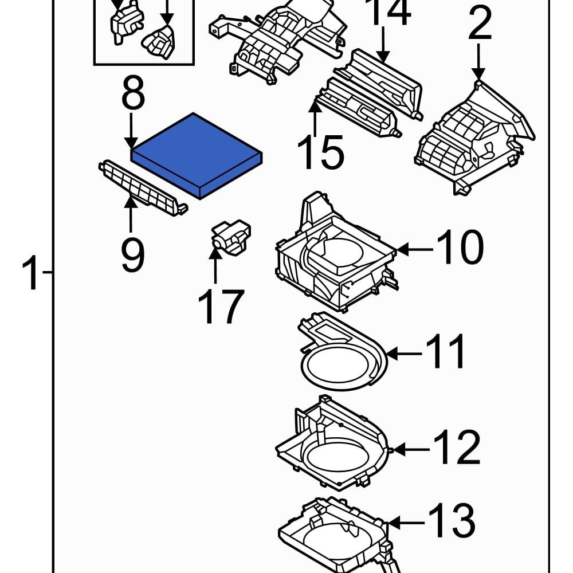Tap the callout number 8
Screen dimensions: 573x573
click(132, 95)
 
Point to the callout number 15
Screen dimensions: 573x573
click(321, 153)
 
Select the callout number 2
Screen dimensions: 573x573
click(480, 24)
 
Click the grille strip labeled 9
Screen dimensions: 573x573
click(143, 187)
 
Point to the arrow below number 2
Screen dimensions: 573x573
click(479, 62)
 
